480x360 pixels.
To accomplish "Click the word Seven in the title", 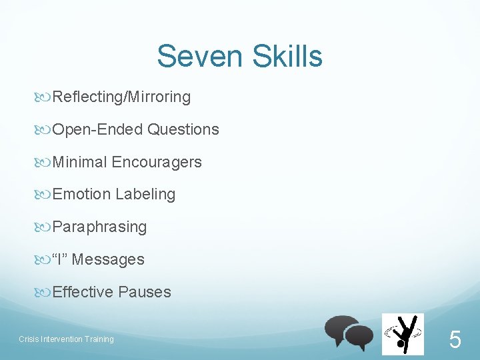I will pyautogui.click(x=194, y=57).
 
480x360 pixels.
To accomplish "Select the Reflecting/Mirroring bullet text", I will pyautogui.click(x=121, y=97).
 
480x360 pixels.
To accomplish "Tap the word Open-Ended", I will pyautogui.click(x=97, y=129).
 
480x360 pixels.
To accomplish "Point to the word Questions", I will pyautogui.click(x=183, y=129).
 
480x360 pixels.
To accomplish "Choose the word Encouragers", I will pyautogui.click(x=157, y=162).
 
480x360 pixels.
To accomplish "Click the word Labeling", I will pyautogui.click(x=145, y=195).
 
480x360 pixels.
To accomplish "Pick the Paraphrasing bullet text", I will pyautogui.click(x=99, y=227).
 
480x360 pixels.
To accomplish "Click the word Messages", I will pyautogui.click(x=108, y=259).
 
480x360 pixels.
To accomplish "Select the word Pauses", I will pyautogui.click(x=145, y=292).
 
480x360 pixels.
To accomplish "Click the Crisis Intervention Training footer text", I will pyautogui.click(x=66, y=339).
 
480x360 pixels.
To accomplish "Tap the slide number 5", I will pyautogui.click(x=455, y=341).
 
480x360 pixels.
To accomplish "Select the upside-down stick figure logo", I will pyautogui.click(x=402, y=334).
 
